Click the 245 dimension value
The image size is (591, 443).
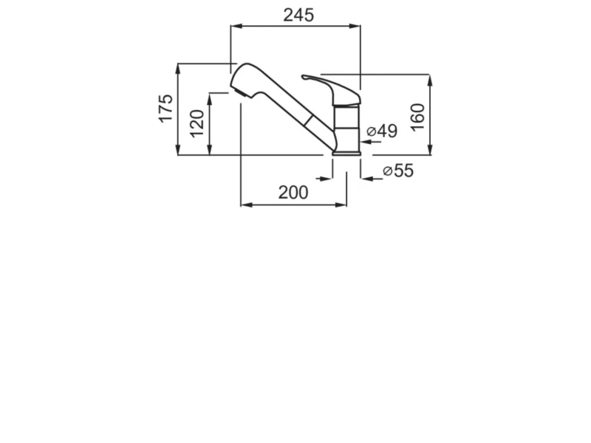[x=298, y=16]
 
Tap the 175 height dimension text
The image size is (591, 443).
[x=165, y=108]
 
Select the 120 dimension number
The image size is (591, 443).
[x=197, y=123]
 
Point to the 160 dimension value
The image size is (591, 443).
[x=417, y=117]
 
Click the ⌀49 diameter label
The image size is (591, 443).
[x=382, y=131]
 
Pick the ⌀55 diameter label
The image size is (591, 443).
[x=398, y=171]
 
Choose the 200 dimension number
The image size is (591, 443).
[x=293, y=193]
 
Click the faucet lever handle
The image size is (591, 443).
[x=332, y=89]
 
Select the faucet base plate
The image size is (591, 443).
[x=346, y=153]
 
